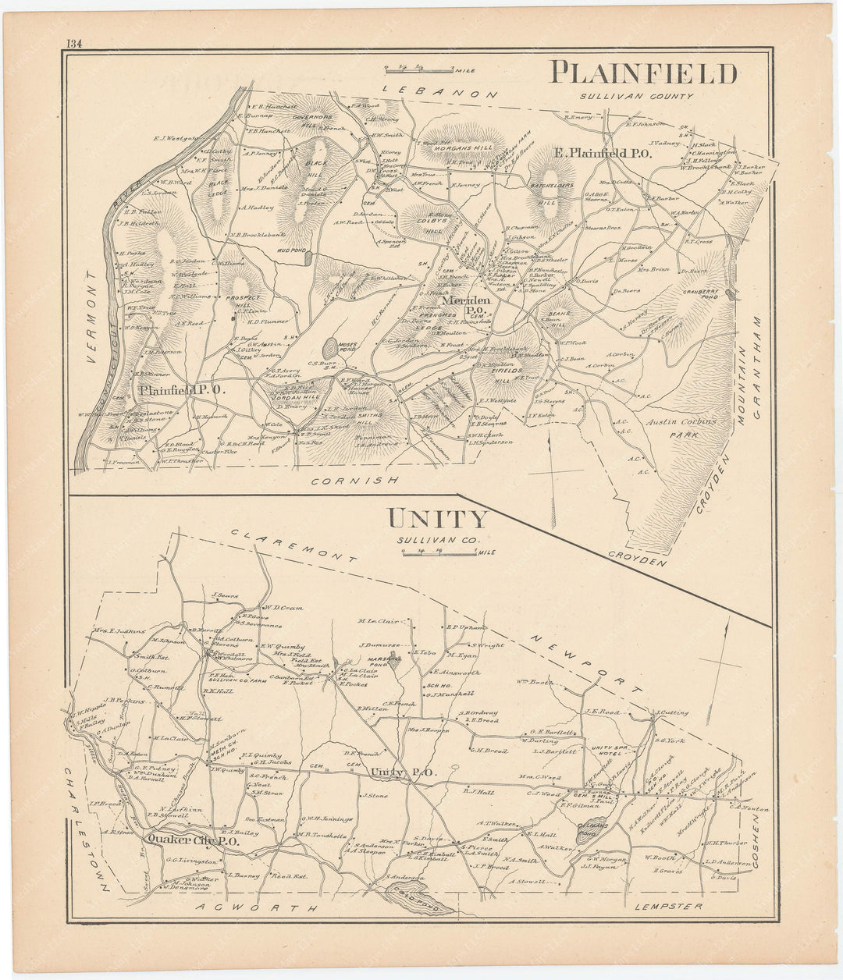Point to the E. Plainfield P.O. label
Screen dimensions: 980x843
[x=603, y=154]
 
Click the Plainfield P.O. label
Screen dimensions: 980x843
[x=182, y=389]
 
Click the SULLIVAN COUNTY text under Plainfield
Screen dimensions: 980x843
[x=635, y=97]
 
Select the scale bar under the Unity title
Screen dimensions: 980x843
[x=439, y=552]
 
